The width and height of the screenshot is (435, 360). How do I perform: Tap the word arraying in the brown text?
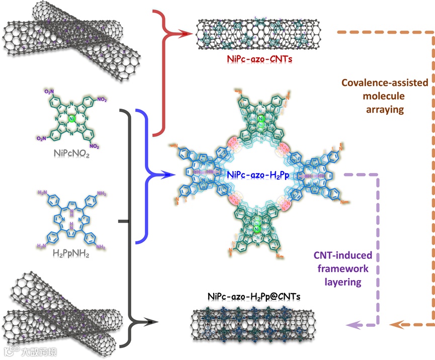coord(384,109)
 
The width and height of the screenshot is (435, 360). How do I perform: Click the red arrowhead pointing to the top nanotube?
coord(189,34)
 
